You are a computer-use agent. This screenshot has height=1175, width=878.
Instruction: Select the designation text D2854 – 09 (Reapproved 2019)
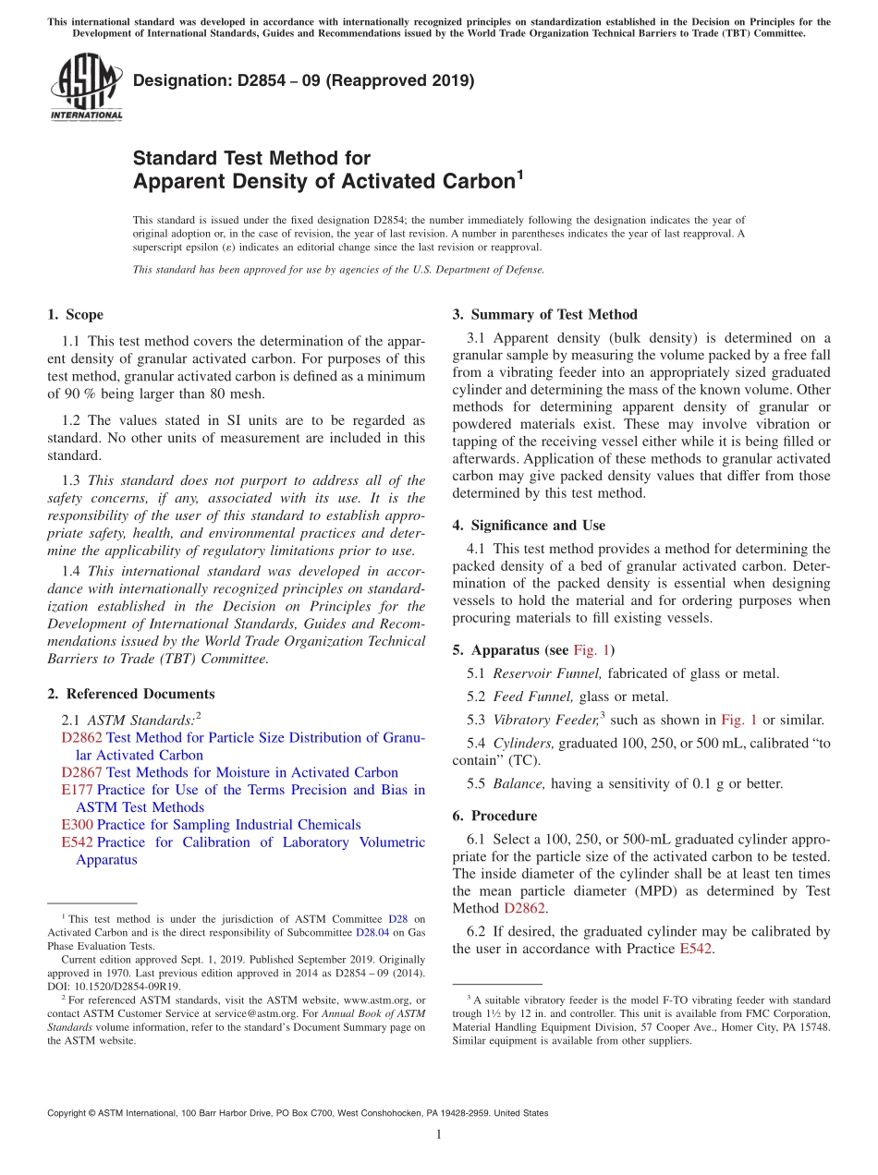(x=303, y=81)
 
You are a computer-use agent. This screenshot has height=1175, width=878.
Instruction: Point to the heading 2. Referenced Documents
(x=130, y=694)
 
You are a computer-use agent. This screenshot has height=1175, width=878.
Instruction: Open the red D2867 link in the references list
(x=81, y=772)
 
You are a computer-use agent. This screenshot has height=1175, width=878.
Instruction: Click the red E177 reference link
(x=77, y=790)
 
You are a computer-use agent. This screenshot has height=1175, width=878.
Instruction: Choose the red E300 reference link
(x=77, y=824)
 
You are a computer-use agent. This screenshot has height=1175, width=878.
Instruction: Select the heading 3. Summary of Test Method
(x=544, y=315)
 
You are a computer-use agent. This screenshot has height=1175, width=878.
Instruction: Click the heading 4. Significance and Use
(x=529, y=526)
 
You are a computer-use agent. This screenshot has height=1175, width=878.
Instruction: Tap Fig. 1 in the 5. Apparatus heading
(x=591, y=649)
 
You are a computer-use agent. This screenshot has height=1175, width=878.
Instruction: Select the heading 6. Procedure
(x=494, y=816)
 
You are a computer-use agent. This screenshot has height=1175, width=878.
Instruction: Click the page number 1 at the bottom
(x=439, y=1135)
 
